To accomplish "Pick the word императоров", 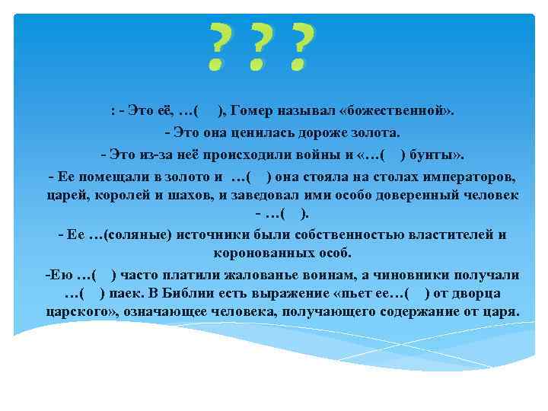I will tap(467, 177).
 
